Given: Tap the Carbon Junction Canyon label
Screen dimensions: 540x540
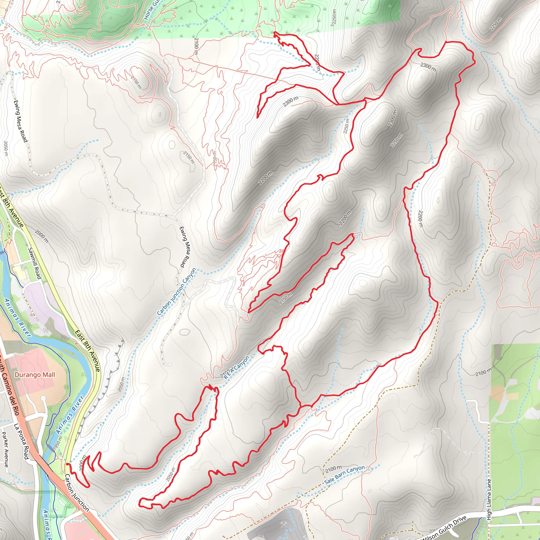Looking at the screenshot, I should [x=176, y=292].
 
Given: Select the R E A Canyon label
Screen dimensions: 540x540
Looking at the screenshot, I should [x=237, y=367].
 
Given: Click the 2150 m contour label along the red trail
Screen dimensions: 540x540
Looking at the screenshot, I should [x=285, y=298].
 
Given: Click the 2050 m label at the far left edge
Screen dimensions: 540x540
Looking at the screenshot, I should [x=6, y=148].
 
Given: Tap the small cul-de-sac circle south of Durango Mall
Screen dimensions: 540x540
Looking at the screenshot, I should [x=43, y=398].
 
